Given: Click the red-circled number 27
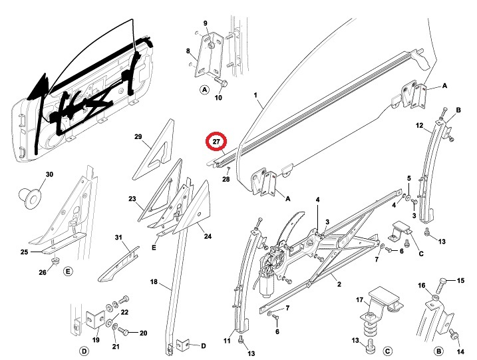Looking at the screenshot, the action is coord(216,142).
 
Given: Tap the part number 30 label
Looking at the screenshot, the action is coord(49,174).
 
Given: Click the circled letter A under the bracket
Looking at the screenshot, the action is coord(205,90).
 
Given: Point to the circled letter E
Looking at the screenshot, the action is coord(68,271).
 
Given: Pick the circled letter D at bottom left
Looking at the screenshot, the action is coord(84,351).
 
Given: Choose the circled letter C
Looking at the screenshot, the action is coord(387,351).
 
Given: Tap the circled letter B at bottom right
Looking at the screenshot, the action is coord(438,351).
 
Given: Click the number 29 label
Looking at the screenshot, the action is coord(138,136).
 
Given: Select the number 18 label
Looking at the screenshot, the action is coord(154,281).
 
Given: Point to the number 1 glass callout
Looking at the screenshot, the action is coord(255,95).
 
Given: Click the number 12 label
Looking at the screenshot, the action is coord(419,125).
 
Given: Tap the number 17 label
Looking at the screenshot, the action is coord(359,300).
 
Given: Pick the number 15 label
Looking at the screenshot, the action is coord(460,280).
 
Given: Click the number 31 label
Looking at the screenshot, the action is coord(118,237).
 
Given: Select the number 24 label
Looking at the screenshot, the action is coord(208,236).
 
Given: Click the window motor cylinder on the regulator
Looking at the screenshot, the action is coord(267,286).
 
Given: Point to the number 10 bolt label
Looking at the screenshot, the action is coord(218,98).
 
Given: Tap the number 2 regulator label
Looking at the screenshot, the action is coord(339,284).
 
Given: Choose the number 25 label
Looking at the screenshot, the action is coord(25,252).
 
